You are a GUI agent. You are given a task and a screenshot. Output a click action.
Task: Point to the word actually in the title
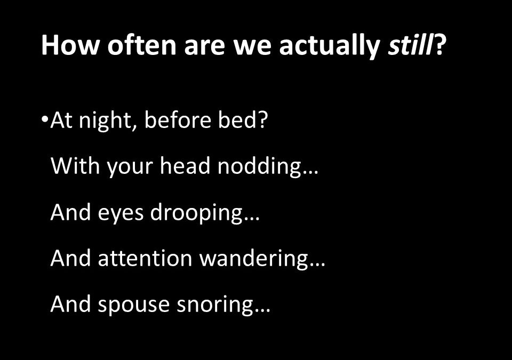point(330,47)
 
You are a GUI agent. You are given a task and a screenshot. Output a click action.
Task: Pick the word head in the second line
point(185,166)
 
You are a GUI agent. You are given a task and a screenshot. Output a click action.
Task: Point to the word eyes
point(121,214)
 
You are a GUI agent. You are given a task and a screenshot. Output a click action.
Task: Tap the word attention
point(145,258)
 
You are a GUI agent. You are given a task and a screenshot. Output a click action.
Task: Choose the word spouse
point(134,306)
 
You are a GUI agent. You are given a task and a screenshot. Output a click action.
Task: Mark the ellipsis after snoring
point(262,311)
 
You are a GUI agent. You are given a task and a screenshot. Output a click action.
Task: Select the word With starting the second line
point(75,166)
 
